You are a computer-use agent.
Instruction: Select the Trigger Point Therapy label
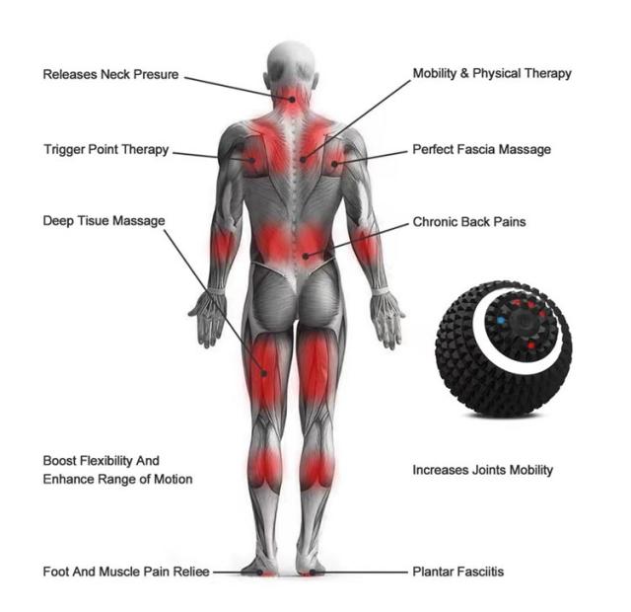pos(106,150)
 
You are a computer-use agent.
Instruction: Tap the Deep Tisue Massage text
pos(104,220)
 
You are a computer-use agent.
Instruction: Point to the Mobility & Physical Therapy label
pos(491,73)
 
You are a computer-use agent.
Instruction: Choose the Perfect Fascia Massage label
pos(481,150)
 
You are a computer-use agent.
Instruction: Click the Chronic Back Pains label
pos(468,222)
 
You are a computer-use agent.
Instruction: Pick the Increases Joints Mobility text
pos(482,470)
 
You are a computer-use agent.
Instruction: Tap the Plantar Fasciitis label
pos(459,572)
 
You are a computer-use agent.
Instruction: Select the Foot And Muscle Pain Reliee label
pos(126,572)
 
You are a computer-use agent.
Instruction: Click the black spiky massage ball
pos(503,345)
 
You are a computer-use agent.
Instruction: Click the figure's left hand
pos(207,318)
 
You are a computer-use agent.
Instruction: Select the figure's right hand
pos(387,318)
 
